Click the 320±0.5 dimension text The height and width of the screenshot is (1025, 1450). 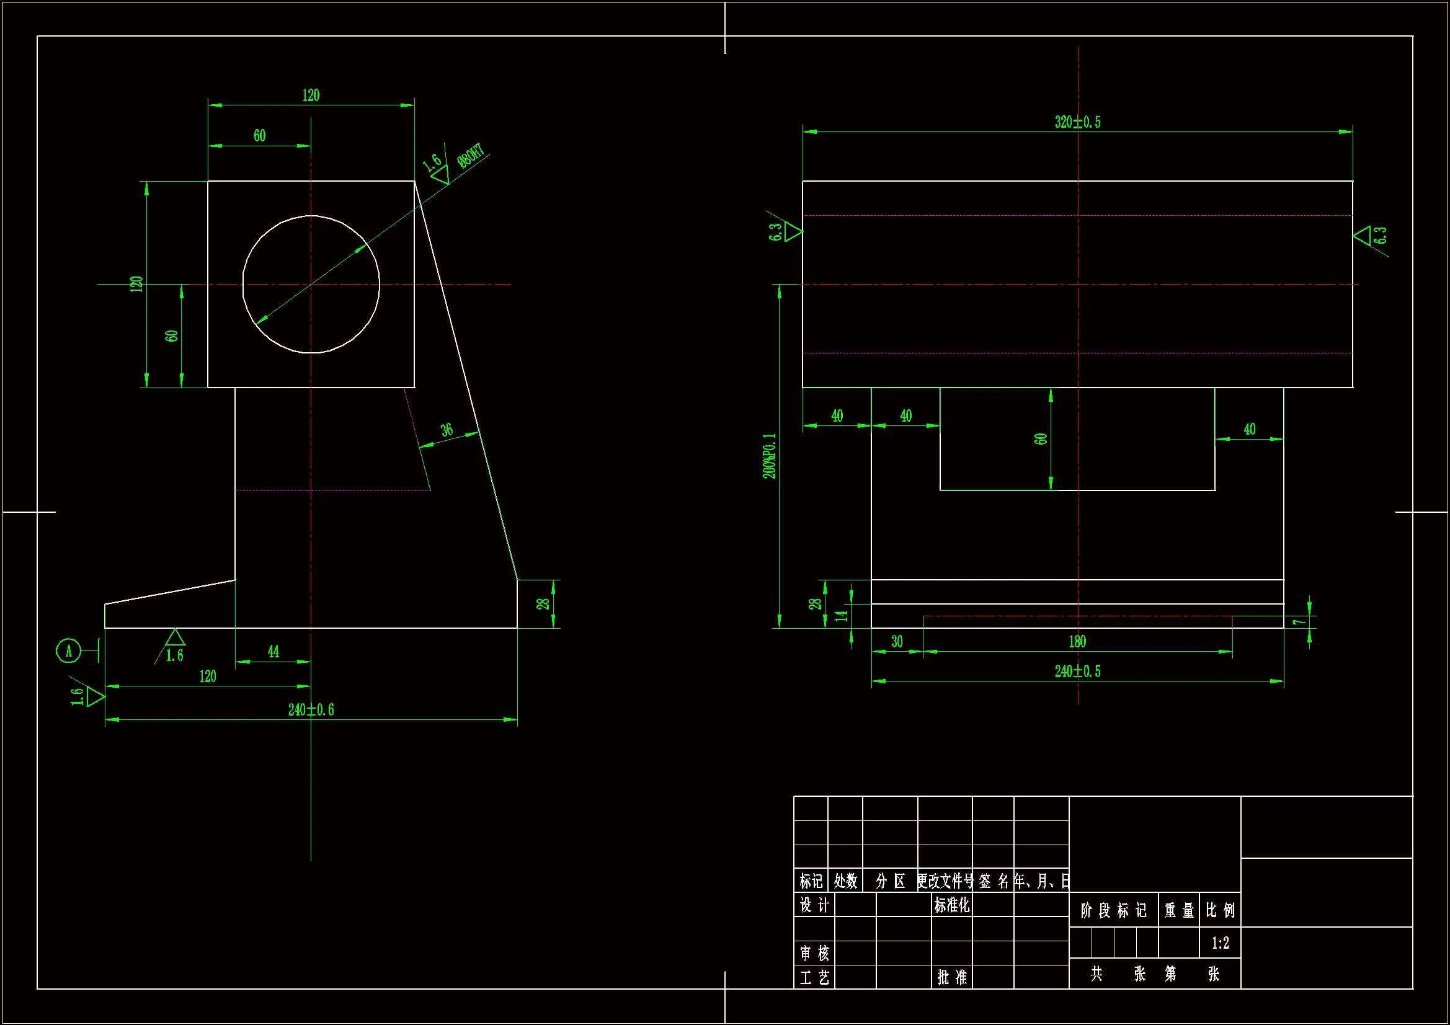point(1077,122)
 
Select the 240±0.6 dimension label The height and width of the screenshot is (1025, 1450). point(311,710)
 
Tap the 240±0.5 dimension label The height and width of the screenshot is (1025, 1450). point(1077,672)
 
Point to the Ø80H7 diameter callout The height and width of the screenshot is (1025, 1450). point(471,156)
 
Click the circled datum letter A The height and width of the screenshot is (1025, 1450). point(69,651)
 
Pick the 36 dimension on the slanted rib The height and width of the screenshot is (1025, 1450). point(447,430)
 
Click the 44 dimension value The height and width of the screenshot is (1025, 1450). point(274,652)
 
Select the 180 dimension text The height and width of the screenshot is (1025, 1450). point(1077,642)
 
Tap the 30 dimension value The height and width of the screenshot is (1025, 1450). point(897,642)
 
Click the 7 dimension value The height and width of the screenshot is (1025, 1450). point(1299,622)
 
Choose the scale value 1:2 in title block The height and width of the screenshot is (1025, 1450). point(1220,944)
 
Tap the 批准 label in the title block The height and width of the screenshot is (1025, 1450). point(952,978)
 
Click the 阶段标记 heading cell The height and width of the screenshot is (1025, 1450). point(1113,911)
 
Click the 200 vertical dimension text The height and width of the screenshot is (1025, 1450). point(769,456)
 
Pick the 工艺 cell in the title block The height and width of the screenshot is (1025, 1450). point(814,978)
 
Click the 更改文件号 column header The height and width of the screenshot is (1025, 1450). point(945,881)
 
